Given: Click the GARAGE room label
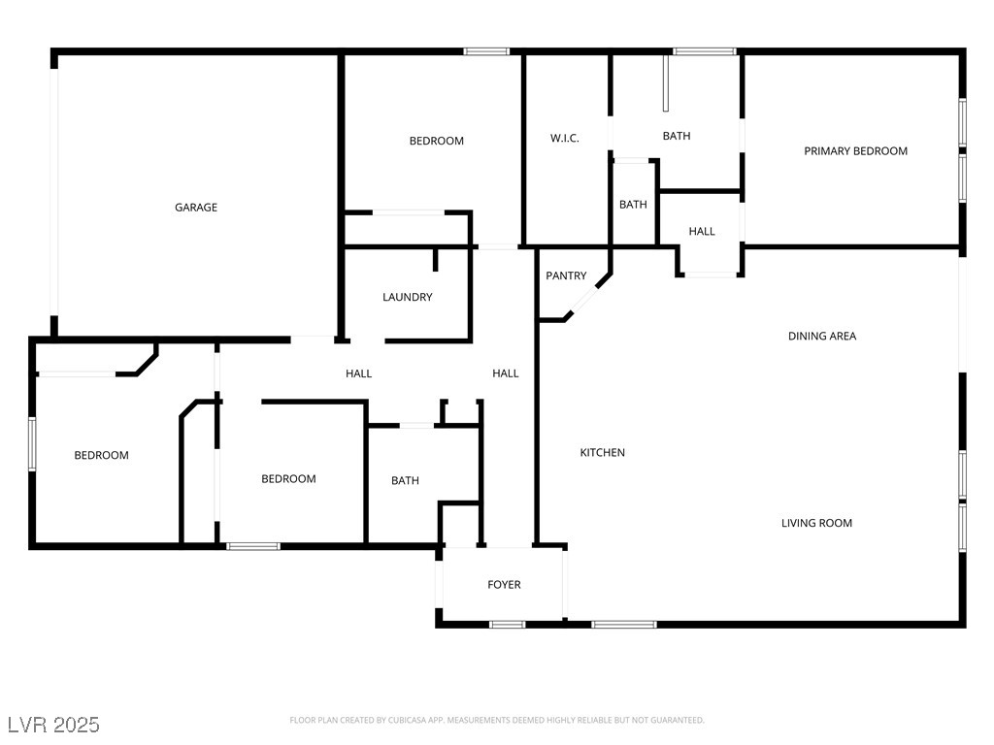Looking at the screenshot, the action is (196, 208).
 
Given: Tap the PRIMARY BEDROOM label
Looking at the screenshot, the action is (855, 150).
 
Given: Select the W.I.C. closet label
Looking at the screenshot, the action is (564, 138).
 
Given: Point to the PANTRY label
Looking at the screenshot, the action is (566, 275).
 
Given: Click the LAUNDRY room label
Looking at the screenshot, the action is (407, 297).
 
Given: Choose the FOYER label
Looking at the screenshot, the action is (504, 585).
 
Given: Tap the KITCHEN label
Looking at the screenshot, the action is (602, 452).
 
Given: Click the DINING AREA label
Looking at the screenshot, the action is (822, 337).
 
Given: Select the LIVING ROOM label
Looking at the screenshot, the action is (816, 523).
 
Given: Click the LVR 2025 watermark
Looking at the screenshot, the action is (54, 725).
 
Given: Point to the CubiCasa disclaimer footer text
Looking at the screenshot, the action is (497, 721).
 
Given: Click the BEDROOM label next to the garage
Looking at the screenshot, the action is (436, 141).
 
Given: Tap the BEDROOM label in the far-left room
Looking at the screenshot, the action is (101, 456).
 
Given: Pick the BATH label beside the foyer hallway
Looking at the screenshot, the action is (405, 481).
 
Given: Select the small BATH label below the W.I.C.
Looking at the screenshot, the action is (633, 205).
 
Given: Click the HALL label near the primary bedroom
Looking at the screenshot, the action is (702, 232).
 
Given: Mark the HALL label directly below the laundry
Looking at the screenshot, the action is (359, 373).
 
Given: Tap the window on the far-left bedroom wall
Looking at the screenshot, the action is (32, 443).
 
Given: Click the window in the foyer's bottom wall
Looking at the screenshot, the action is (508, 625).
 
